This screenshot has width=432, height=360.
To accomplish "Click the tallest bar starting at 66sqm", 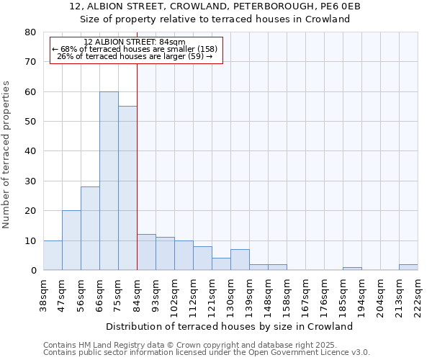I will coord(109,181).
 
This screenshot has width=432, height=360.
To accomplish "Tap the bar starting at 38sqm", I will coord(53,256).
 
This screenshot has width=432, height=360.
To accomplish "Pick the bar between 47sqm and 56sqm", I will coord(71,240).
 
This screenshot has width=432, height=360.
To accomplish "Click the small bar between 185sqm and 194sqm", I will coord(352,269).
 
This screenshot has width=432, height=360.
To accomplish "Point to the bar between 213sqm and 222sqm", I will coord(408,267).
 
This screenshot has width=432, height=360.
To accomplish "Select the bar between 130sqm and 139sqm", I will coord(240,260).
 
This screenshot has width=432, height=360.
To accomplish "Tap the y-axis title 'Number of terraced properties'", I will coord(6,154).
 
